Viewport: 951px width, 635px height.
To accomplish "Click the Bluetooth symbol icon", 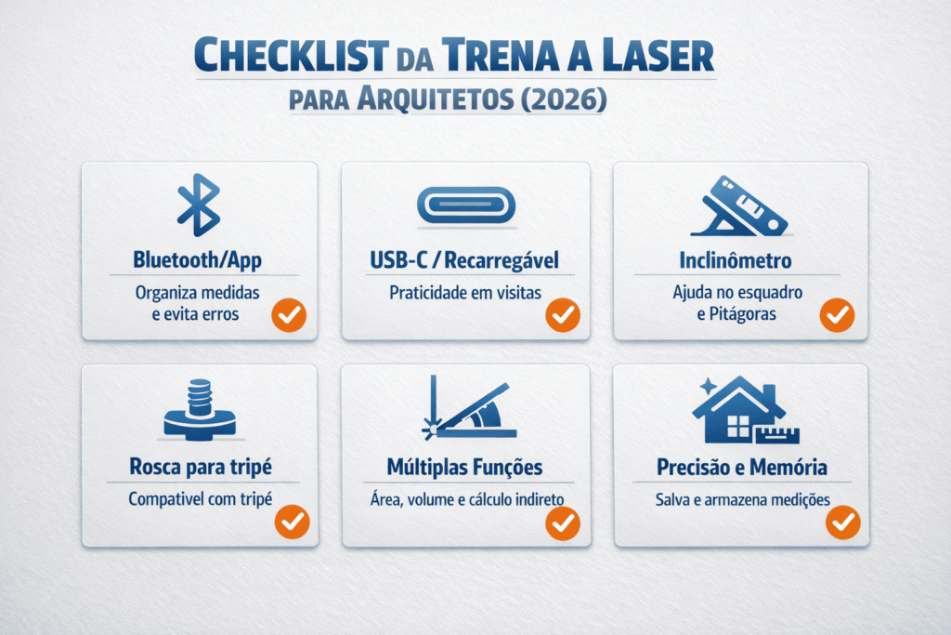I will (199, 205).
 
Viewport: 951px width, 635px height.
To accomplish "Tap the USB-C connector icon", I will (465, 205).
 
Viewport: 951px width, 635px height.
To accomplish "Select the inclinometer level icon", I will (740, 206).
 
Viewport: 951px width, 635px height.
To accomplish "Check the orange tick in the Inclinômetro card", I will (837, 315).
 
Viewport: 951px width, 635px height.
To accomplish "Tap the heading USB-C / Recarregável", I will (465, 259).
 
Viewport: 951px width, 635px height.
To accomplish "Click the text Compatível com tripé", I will (200, 499).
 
